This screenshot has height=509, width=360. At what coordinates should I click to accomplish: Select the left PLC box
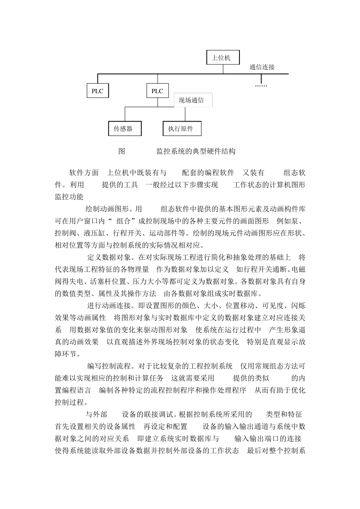coord(97,91)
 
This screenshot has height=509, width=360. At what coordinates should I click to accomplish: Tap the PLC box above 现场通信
coord(157,91)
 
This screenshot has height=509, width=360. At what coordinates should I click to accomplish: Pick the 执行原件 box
coord(182,129)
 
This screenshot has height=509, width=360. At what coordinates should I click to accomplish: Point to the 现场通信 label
coord(191,100)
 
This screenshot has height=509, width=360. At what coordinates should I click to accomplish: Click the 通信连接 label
coord(262,67)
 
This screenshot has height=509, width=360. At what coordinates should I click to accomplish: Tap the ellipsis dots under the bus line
coord(261,86)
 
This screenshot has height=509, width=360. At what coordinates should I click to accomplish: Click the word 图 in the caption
coord(122,151)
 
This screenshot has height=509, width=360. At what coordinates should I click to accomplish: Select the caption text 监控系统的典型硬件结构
coord(196,151)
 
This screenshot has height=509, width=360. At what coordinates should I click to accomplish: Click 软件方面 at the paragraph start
coord(84,173)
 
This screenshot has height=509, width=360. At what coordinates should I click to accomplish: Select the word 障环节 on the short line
coord(67,354)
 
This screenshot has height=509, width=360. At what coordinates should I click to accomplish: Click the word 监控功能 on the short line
coord(69,197)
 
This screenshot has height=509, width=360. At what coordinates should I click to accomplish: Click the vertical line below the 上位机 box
coord(223,69)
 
